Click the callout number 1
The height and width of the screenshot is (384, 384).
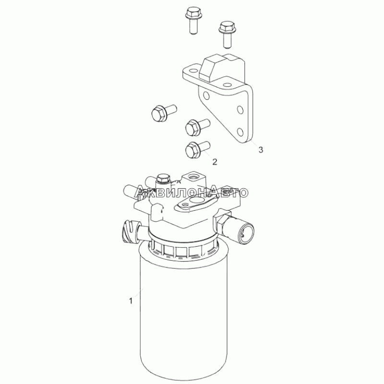tap(131, 301)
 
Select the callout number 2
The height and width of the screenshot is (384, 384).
tap(215, 162)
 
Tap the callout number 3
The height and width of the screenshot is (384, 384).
tap(261, 149)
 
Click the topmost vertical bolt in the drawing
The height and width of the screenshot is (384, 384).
tap(193, 20)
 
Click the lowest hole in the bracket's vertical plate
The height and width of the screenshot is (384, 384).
tap(240, 132)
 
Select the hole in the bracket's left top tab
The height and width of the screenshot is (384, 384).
tap(193, 71)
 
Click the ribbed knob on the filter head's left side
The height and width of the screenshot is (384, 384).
tap(129, 231)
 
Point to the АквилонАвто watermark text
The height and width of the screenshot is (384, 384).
tap(192, 191)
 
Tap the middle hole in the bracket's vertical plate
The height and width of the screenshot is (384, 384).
tap(241, 109)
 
